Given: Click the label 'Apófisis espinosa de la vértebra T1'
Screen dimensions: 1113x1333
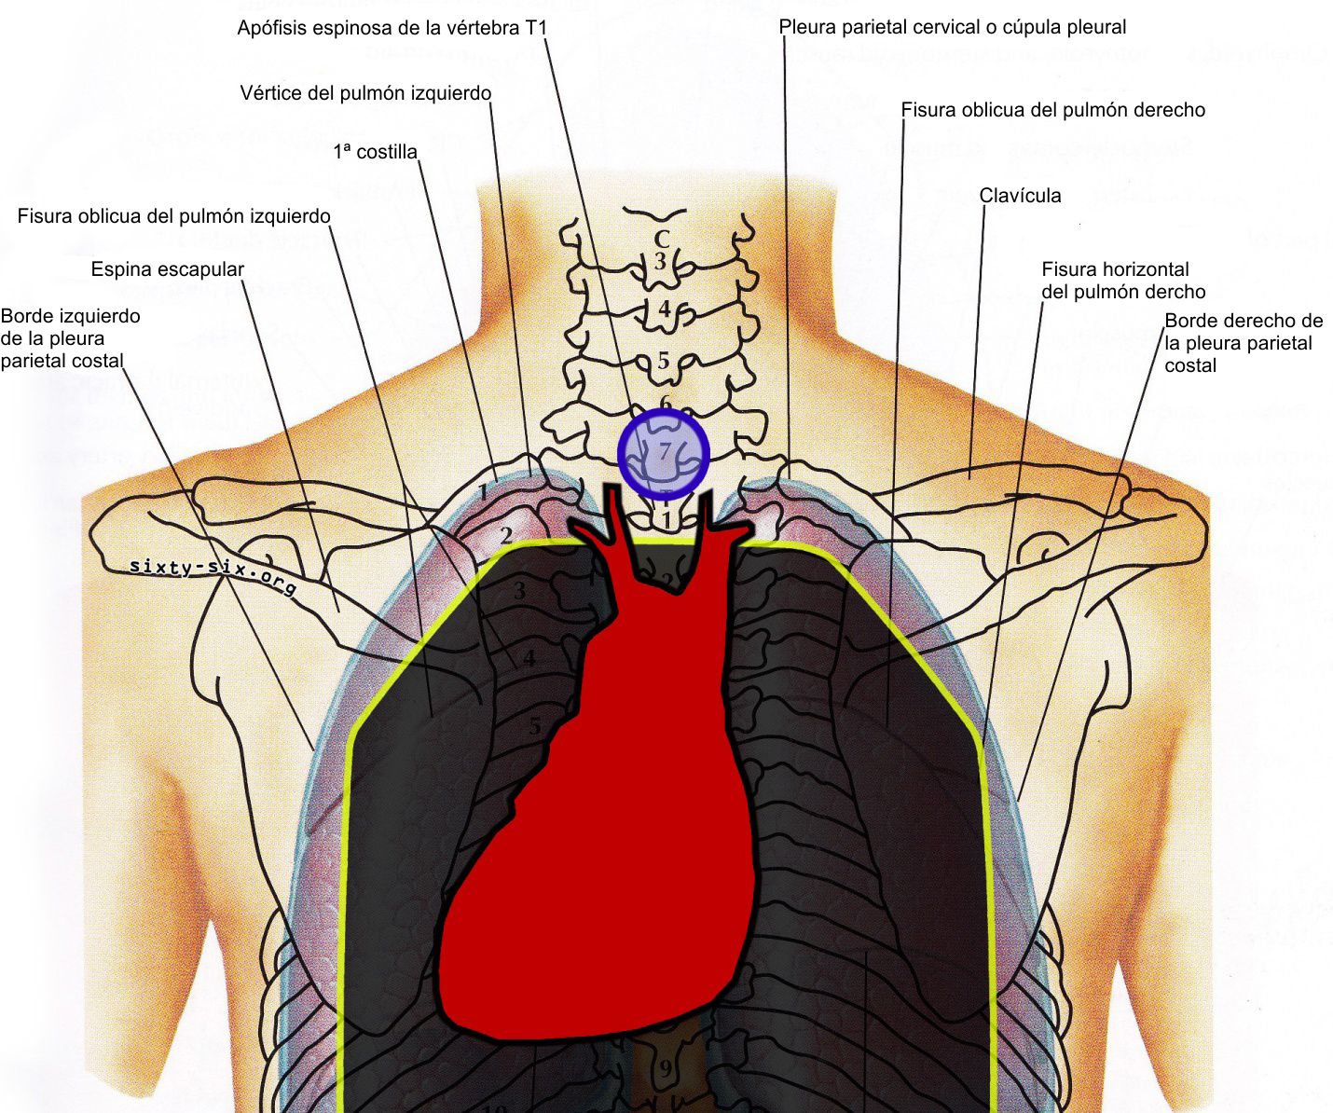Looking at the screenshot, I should (392, 28).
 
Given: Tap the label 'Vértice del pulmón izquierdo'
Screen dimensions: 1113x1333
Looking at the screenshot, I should (365, 93).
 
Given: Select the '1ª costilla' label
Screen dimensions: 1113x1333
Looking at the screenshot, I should (375, 152).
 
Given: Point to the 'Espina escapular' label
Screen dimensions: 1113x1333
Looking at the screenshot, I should (168, 269).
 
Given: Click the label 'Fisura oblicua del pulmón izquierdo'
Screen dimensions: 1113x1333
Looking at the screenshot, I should (174, 216).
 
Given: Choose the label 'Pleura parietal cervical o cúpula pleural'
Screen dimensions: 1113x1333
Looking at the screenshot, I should (953, 27).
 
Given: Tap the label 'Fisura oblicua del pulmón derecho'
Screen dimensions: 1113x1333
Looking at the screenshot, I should (1052, 110).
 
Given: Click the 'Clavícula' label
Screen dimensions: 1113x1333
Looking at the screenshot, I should (1020, 196).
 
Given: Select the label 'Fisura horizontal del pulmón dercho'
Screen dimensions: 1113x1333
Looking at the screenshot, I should (1122, 280).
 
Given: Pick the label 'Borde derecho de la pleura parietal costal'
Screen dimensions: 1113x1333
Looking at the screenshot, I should (1243, 342).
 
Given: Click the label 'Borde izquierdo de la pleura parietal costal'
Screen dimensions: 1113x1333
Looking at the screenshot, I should (70, 337).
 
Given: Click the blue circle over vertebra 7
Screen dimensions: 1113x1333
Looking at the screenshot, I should (664, 454).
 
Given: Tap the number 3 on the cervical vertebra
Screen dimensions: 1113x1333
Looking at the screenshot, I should (661, 261).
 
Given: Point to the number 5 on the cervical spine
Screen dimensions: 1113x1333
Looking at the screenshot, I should (663, 360).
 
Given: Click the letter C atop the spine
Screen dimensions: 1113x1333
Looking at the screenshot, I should (661, 239).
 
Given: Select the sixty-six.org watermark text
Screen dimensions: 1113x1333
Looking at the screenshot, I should (213, 576).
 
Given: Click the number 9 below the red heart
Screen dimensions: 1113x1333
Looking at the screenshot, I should (666, 1068).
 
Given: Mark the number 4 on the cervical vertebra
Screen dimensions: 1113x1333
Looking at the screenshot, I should (663, 308).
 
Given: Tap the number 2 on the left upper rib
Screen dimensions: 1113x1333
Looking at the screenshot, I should (506, 535).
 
